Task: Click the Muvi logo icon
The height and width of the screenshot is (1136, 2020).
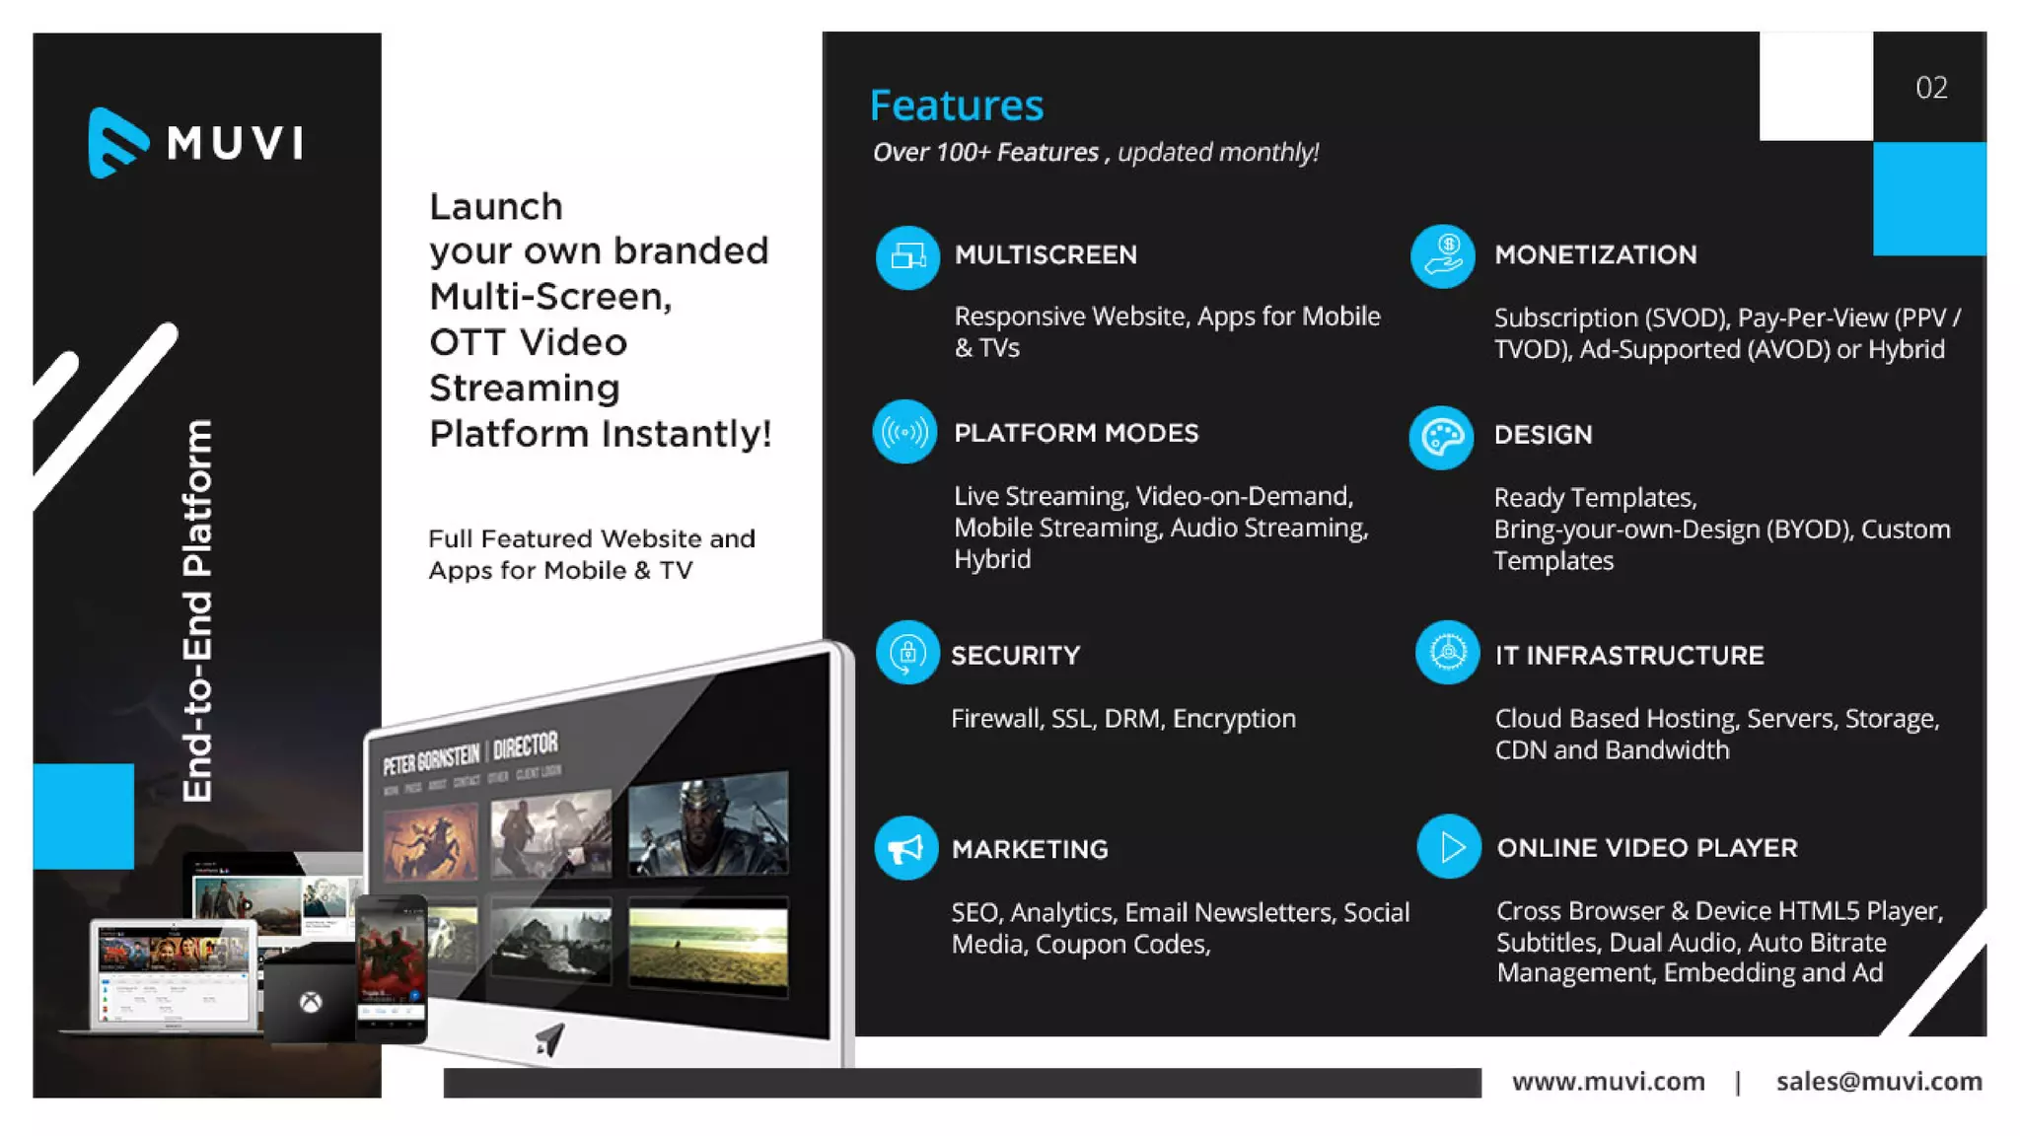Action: pos(117,143)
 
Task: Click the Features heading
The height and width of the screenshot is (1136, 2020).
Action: pos(956,106)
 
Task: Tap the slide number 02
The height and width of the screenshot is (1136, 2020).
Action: pos(1930,88)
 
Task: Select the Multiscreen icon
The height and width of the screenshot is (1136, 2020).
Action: pos(907,257)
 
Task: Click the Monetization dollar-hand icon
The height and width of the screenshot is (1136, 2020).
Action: pos(1442,256)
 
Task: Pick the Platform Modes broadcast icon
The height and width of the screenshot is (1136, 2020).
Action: pos(904,432)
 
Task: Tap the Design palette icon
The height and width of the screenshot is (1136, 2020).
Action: pos(1441,437)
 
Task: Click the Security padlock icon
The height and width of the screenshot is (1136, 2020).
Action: pos(907,653)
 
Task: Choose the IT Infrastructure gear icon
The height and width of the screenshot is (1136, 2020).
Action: pos(1447,653)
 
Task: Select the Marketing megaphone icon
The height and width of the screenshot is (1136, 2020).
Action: pos(905,848)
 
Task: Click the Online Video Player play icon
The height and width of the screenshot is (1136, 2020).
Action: pos(1449,846)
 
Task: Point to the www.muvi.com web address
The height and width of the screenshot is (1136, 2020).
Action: pos(1608,1082)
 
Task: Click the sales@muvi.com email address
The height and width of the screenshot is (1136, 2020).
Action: pos(1878,1082)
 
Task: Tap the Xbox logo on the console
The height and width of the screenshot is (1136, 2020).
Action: pos(311,1003)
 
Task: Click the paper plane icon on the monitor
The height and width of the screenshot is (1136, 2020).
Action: pos(549,1038)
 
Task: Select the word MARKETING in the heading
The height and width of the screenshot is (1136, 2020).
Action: pos(1029,849)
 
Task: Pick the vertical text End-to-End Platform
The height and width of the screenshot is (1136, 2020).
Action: pos(197,610)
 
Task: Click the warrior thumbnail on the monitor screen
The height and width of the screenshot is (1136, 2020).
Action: pos(708,824)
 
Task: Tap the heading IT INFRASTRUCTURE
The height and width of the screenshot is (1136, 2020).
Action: pos(1628,656)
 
